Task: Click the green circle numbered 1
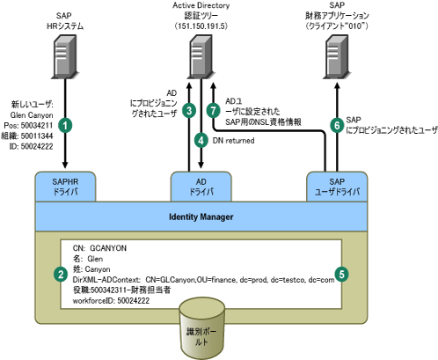point(65,126)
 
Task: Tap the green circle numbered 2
point(61,275)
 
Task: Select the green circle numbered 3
point(189,111)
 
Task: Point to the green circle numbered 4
point(201,140)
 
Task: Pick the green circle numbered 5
point(341,275)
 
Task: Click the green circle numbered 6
point(337,125)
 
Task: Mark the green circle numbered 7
point(213,111)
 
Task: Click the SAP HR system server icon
point(65,57)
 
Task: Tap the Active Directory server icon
point(201,57)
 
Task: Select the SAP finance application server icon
point(337,57)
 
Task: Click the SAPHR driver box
point(65,187)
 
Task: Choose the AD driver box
point(201,187)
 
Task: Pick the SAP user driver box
point(337,187)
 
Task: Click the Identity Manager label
point(201,217)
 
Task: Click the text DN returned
point(233,141)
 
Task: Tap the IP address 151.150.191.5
point(201,26)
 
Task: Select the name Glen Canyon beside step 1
point(32,115)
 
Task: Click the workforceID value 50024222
point(134,301)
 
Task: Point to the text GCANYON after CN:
point(108,248)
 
